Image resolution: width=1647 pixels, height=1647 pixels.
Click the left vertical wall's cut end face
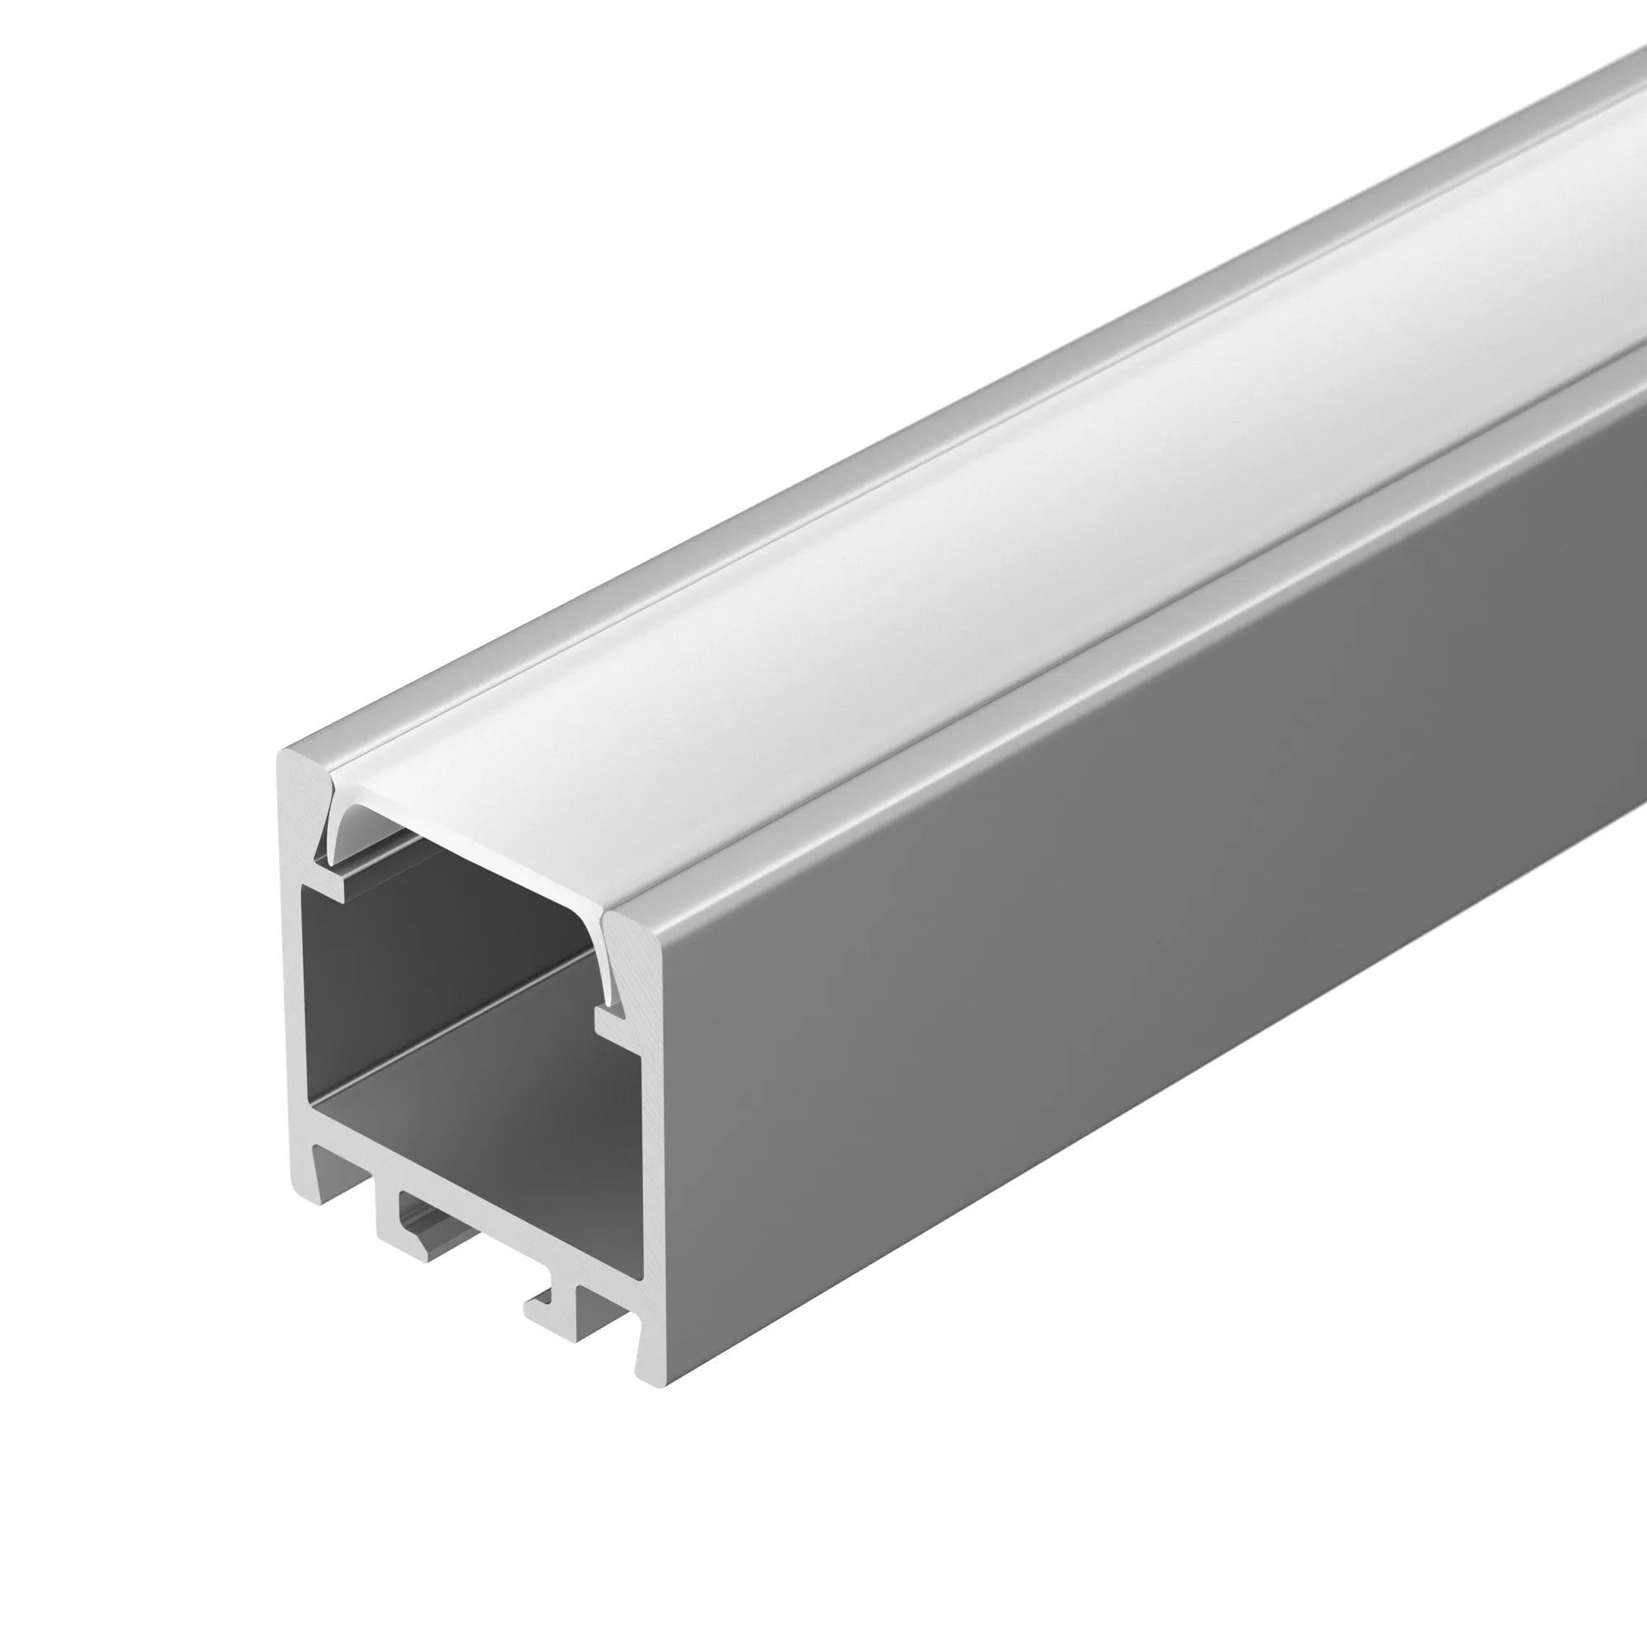pyautogui.click(x=291, y=980)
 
